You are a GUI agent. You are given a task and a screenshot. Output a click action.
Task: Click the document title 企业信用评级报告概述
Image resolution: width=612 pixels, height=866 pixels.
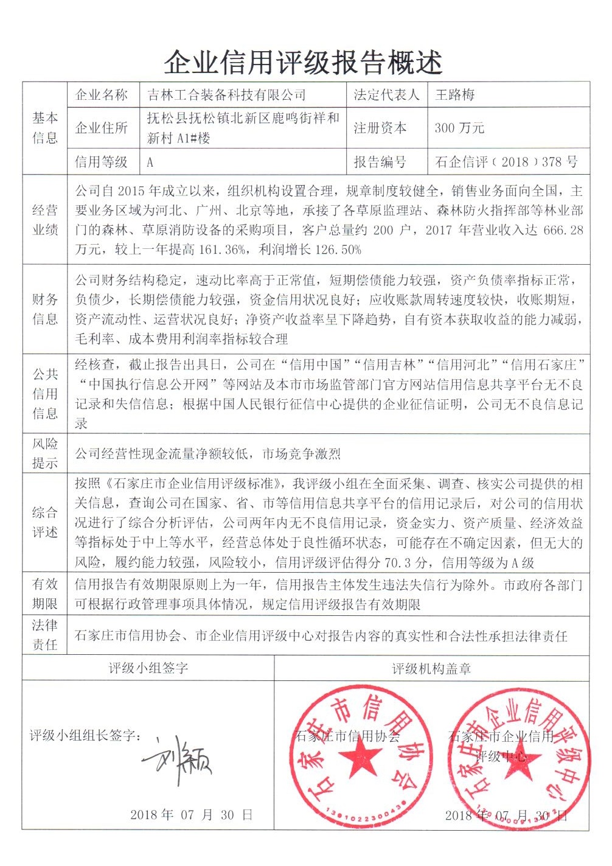[302, 61]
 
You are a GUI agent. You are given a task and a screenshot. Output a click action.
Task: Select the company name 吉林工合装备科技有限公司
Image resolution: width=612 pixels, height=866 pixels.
[227, 95]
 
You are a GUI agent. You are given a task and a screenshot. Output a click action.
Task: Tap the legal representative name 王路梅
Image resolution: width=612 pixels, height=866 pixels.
[455, 95]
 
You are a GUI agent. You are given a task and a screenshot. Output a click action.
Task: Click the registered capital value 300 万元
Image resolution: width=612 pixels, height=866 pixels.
[459, 128]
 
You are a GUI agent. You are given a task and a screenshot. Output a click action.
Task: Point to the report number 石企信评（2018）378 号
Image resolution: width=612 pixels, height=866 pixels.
[506, 162]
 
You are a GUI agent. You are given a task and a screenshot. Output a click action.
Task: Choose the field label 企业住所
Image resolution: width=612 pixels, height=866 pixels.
[101, 128]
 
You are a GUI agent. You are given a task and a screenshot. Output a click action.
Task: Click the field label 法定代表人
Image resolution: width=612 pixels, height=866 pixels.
[386, 95]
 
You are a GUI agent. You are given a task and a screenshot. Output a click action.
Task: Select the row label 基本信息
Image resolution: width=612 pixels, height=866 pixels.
[45, 128]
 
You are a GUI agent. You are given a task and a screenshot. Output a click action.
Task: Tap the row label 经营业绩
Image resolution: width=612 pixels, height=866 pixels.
[45, 220]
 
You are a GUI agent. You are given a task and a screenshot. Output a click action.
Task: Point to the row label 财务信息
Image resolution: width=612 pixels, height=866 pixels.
[45, 309]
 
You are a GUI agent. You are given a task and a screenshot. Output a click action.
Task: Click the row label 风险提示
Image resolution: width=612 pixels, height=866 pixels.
[45, 453]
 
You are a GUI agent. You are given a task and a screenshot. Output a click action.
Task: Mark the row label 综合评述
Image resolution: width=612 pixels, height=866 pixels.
[45, 522]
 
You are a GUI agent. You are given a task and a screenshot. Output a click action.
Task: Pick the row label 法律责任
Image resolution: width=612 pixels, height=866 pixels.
[45, 635]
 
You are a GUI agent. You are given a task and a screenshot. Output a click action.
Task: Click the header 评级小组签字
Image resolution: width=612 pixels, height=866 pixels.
[148, 668]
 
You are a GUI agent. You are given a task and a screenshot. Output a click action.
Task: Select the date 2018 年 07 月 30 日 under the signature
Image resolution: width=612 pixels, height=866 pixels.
[191, 815]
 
